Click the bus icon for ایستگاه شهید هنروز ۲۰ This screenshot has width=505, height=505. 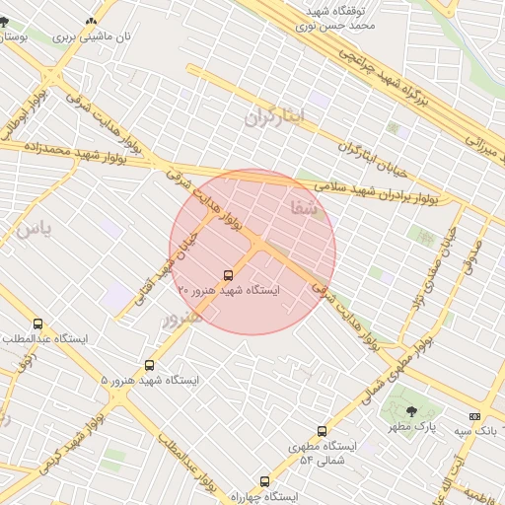(229, 275)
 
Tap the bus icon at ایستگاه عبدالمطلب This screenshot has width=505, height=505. (38, 324)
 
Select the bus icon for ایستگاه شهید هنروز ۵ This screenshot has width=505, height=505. (149, 365)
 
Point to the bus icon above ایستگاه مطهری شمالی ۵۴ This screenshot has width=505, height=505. (322, 431)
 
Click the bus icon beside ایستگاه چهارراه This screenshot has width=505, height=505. (264, 481)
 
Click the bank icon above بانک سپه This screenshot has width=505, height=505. (474, 416)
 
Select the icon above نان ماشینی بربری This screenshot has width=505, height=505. (92, 21)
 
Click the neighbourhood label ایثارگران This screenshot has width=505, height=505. (277, 117)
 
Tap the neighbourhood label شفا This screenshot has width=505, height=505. (304, 207)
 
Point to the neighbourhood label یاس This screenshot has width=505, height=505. (32, 229)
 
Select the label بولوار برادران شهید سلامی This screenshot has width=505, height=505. (379, 190)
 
